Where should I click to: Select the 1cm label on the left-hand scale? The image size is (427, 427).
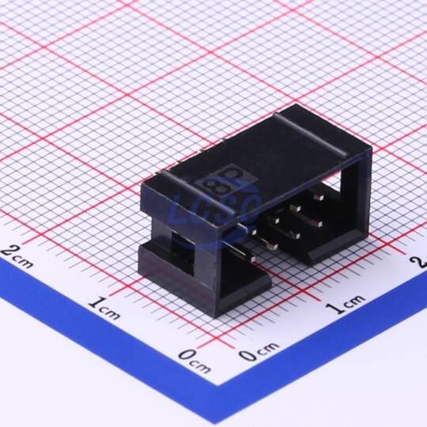coord(104,309)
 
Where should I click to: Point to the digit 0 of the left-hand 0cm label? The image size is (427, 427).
coord(187,355)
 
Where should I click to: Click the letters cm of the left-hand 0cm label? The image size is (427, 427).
coord(202,367)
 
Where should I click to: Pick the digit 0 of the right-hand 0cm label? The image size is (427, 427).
coord(248,355)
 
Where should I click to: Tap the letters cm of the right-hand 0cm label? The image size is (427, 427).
coord(268,347)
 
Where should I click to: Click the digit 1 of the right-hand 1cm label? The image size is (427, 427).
coord(332,308)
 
